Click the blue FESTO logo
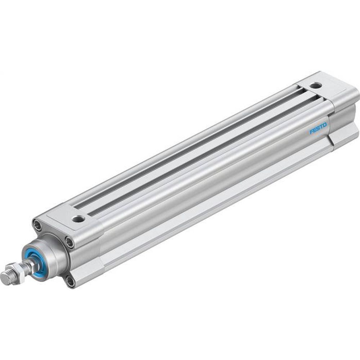point(318,128)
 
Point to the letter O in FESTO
point(325,125)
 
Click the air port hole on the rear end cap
point(316,86)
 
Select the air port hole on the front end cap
point(79,218)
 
